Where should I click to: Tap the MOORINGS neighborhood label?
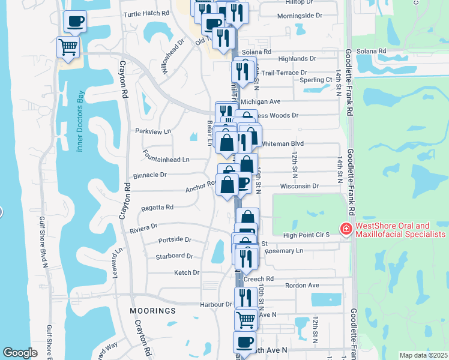(153, 311)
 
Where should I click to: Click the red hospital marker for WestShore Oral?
(346, 229)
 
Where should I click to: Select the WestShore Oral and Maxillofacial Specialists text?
(400, 230)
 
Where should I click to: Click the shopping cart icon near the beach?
(68, 47)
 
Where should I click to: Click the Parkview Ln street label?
(153, 131)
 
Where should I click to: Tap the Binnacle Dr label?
(149, 175)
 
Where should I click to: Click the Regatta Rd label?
(157, 207)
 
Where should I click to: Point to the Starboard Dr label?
(174, 256)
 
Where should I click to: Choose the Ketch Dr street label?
(186, 272)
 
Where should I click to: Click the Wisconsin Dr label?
(299, 186)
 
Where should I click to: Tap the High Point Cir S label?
(306, 235)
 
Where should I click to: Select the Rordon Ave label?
(301, 286)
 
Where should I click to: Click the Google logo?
(20, 353)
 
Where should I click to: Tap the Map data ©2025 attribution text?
(423, 355)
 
